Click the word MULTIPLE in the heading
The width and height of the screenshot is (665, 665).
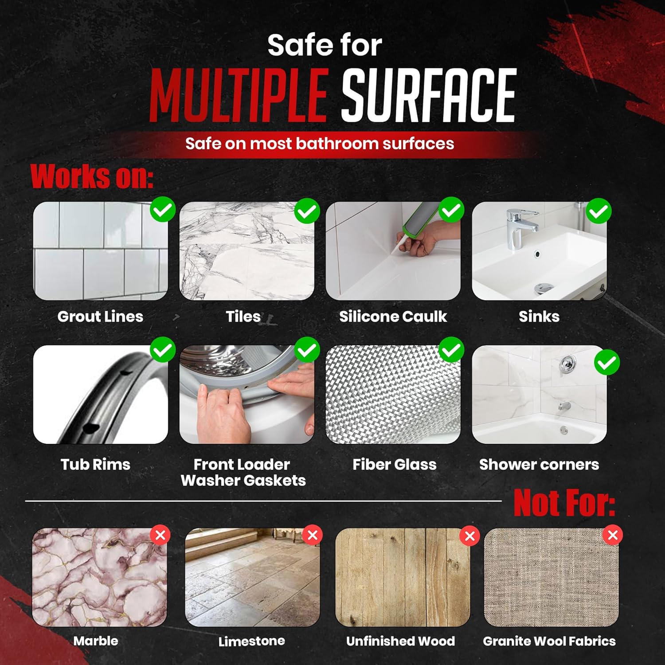click(x=239, y=95)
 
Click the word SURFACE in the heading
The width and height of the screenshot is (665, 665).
click(x=429, y=95)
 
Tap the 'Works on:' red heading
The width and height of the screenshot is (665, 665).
click(x=92, y=176)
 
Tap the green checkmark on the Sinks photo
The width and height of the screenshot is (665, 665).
click(x=598, y=211)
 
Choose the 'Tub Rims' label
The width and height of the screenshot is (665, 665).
click(x=95, y=464)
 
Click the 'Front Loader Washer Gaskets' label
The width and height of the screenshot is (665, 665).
click(x=243, y=472)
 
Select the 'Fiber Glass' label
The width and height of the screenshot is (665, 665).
click(x=395, y=464)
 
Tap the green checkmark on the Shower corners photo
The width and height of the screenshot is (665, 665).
click(x=607, y=363)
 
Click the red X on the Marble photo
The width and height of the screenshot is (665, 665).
click(x=160, y=535)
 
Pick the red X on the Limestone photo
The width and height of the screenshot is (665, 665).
click(x=312, y=535)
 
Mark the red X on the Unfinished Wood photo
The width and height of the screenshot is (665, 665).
click(x=470, y=536)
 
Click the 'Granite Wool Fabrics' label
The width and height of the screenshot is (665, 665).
click(x=549, y=641)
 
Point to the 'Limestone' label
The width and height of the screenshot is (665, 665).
click(x=252, y=641)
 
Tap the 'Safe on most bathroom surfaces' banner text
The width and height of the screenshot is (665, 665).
click(x=320, y=144)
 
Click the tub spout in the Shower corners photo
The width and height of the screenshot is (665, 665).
click(x=564, y=405)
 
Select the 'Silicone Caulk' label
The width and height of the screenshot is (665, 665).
click(x=393, y=317)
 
